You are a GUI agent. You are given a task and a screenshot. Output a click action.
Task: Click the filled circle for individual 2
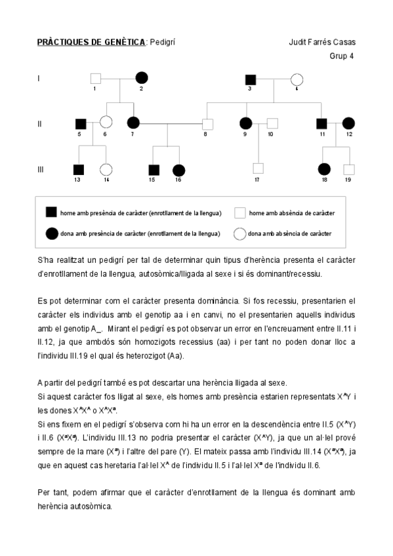point(141,78)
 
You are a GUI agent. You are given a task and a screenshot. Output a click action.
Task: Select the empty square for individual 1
point(95,78)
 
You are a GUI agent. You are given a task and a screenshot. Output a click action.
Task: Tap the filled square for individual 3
point(250,79)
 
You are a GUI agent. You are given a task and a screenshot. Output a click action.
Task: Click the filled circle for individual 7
point(133,123)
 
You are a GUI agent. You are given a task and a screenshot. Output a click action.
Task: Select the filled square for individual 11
point(321,123)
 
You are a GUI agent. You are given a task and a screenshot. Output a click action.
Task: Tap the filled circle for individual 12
point(348,123)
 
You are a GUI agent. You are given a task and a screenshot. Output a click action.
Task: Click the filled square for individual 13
point(79,169)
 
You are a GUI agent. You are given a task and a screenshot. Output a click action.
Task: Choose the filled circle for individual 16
point(178,169)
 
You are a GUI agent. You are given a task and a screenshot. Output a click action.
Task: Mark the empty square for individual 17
point(258,169)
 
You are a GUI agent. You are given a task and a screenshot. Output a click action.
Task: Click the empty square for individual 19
point(348,169)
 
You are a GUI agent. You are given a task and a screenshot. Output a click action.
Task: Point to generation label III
point(41,169)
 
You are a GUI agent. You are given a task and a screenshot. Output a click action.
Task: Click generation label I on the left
point(39,78)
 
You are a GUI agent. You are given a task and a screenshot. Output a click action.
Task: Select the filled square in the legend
point(51,212)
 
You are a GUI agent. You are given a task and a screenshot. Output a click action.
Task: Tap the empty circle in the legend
point(240,233)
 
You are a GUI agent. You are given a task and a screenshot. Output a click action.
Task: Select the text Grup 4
point(341,56)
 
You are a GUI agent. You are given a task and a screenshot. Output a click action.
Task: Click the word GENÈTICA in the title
point(122,43)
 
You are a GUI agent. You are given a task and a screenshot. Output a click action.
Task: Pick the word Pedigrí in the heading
point(163,43)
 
